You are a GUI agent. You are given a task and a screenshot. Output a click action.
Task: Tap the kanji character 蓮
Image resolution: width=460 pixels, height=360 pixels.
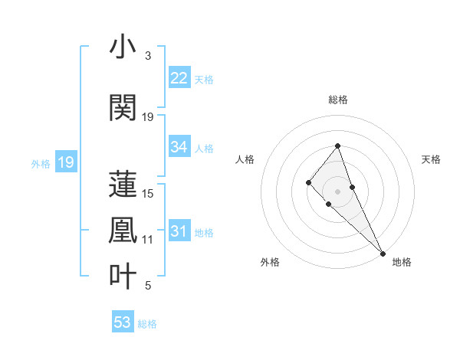pos(123,183)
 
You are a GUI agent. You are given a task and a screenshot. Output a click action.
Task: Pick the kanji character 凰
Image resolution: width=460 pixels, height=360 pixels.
pos(123,229)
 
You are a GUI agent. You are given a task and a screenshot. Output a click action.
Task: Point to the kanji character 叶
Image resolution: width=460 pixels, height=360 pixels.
pos(123,275)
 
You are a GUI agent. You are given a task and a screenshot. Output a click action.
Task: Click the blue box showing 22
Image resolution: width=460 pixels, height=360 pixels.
pos(179,78)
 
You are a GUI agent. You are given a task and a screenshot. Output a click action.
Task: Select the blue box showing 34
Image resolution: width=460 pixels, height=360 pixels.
pos(179,147)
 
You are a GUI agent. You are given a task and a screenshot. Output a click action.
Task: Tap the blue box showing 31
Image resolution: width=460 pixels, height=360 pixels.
pos(179,232)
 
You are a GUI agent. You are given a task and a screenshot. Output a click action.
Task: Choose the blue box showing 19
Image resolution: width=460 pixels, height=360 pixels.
pos(65,162)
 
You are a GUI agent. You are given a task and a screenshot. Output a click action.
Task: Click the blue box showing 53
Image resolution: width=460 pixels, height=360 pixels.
pos(123,322)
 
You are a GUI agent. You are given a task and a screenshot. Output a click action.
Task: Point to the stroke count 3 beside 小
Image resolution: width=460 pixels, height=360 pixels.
pos(148,56)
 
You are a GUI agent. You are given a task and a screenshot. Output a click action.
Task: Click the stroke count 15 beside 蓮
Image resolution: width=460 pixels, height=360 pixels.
pos(148,194)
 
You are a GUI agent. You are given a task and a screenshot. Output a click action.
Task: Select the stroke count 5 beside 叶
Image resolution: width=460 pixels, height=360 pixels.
pos(148,286)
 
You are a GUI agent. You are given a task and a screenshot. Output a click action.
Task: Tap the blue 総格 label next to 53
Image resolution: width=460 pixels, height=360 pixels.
pos(147,324)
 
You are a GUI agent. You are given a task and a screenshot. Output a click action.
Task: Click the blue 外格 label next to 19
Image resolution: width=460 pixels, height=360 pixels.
pos(41,163)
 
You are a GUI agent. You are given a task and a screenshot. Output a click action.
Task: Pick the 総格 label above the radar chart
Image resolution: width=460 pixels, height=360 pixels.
pos(338,100)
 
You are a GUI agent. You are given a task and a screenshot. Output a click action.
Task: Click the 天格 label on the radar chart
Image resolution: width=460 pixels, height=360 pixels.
pos(431,159)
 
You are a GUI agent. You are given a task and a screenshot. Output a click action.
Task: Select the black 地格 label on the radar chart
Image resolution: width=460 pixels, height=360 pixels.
pos(402,262)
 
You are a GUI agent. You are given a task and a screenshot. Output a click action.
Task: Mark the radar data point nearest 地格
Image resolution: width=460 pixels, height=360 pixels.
pos(383,253)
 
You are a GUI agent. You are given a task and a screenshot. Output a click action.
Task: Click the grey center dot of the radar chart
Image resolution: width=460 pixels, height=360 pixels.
pos(338,191)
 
